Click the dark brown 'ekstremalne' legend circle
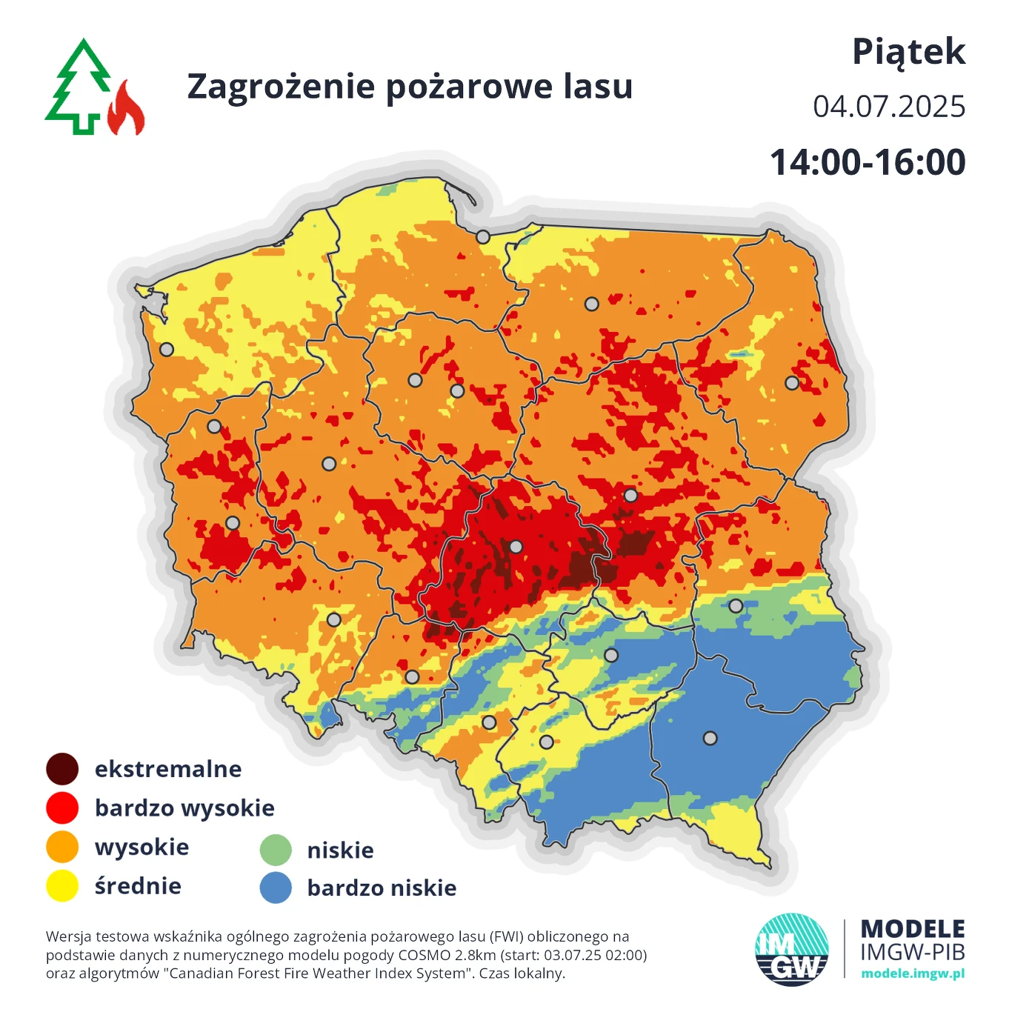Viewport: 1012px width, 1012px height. [x=62, y=769]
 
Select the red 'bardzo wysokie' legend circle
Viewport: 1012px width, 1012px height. [x=62, y=808]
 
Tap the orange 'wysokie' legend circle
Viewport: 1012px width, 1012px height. [x=62, y=847]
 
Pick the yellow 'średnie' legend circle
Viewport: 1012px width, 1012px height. [x=62, y=885]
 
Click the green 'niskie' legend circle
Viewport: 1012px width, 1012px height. [x=276, y=850]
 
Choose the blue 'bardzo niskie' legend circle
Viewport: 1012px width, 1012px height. [x=276, y=888]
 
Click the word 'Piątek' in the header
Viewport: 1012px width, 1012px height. [x=908, y=53]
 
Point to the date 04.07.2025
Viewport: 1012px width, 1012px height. [x=888, y=107]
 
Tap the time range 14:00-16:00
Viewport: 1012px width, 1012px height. [x=868, y=162]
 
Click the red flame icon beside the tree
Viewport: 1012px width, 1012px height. [x=127, y=110]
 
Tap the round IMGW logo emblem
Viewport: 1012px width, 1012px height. [x=791, y=950]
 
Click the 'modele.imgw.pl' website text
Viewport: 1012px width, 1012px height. [x=913, y=973]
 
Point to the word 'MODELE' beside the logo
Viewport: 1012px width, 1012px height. [x=913, y=929]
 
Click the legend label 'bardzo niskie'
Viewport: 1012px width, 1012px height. [x=382, y=888]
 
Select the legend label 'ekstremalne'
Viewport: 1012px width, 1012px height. [x=168, y=769]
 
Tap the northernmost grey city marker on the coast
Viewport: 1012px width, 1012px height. [x=483, y=237]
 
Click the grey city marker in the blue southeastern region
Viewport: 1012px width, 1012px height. [x=710, y=738]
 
